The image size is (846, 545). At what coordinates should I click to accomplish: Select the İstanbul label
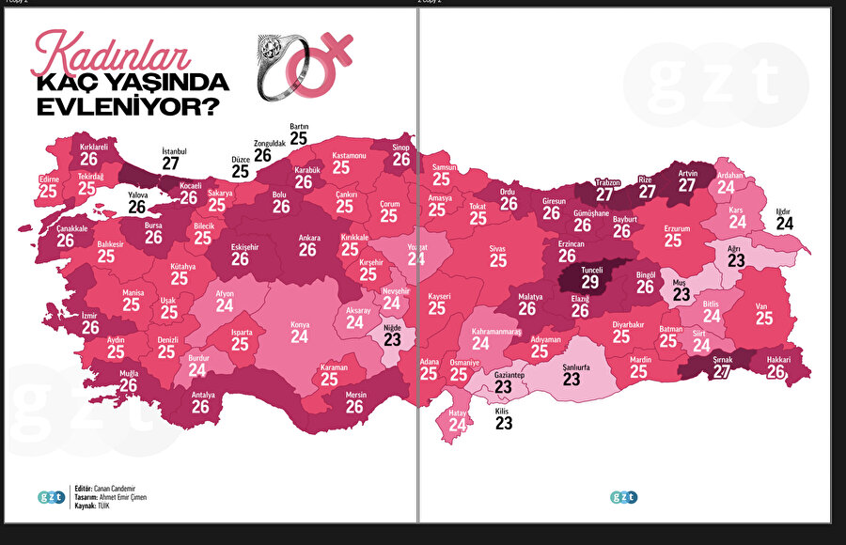174,151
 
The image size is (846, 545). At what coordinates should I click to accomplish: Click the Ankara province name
309,238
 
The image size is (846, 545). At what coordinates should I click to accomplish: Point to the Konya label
300,324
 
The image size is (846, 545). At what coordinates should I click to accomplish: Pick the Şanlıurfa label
571,367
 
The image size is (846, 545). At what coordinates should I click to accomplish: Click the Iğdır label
784,210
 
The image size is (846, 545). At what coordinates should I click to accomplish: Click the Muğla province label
128,373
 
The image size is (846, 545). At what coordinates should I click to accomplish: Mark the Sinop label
401,148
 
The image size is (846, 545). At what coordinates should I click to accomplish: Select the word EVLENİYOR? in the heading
121,106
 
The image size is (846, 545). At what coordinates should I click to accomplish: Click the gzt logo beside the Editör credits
51,497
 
